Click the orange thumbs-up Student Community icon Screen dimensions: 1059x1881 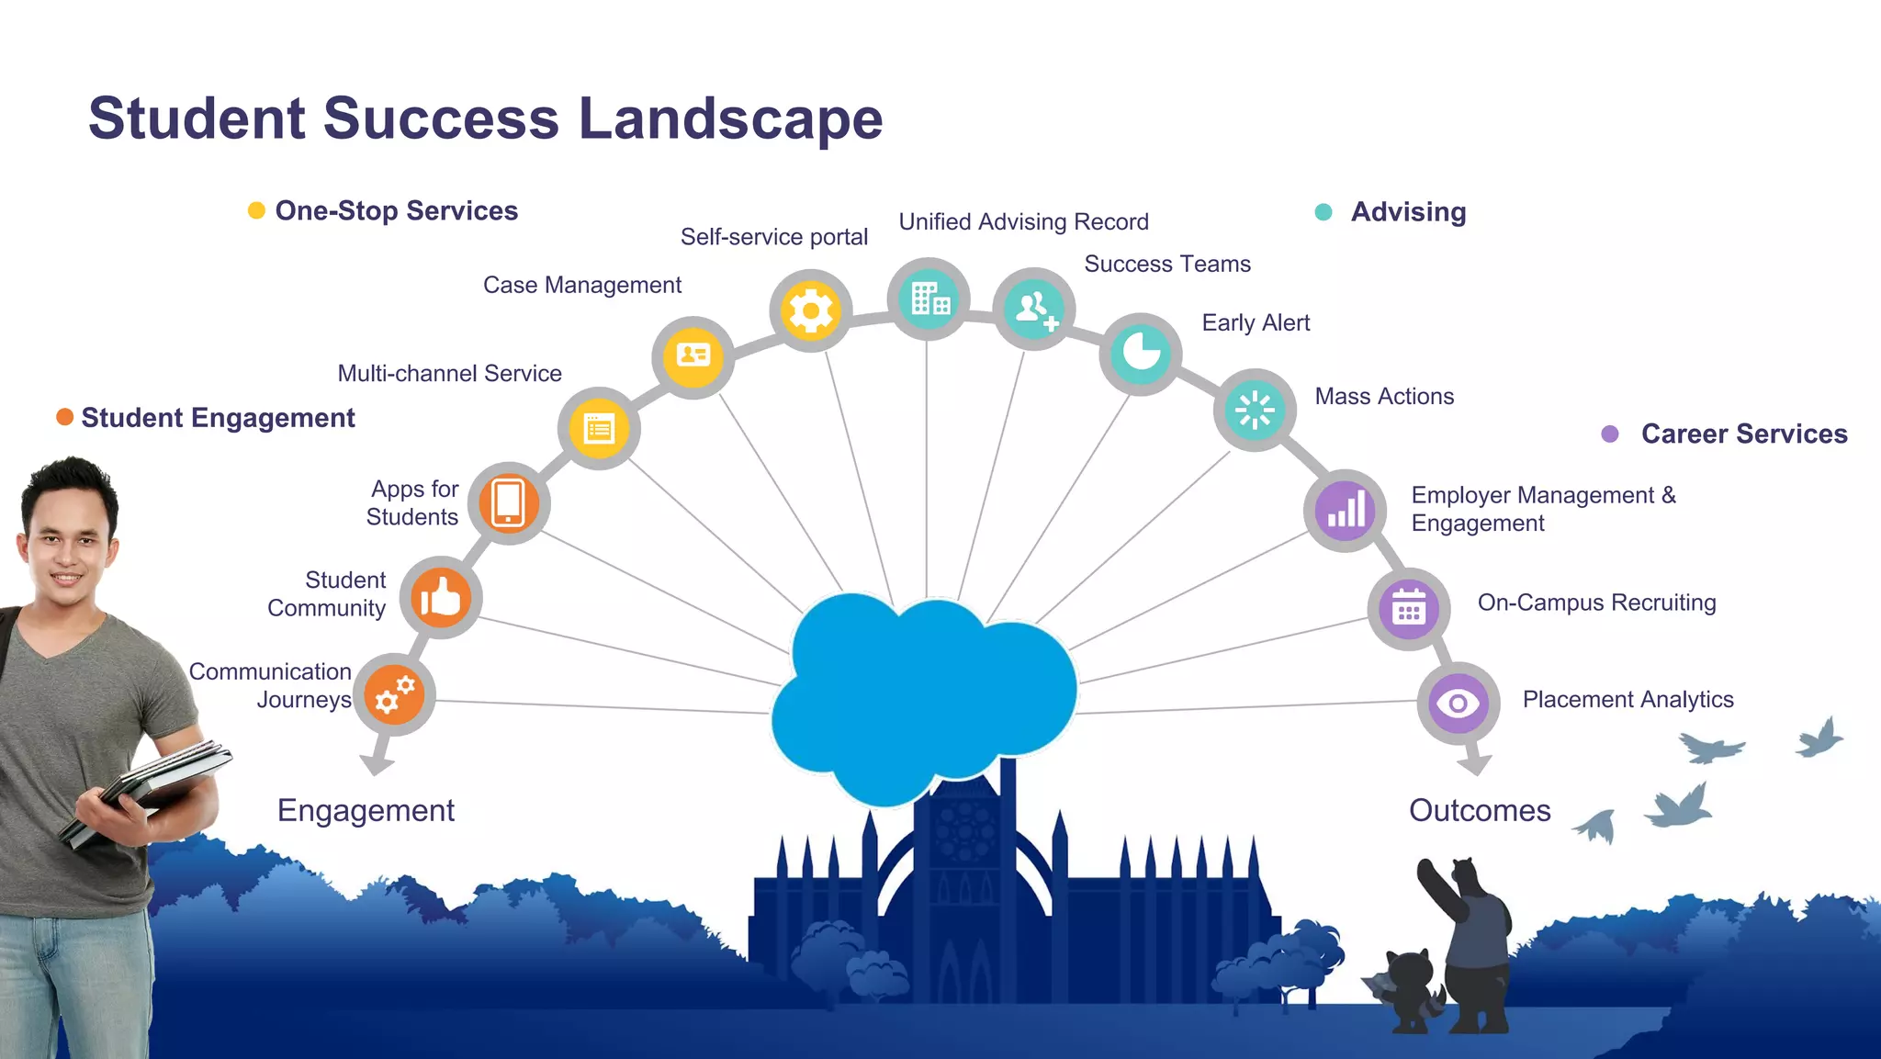[441, 598]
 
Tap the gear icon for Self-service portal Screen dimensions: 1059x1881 [810, 310]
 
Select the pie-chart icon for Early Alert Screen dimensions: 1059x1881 [1141, 354]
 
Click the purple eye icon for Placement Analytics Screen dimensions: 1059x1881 [1458, 704]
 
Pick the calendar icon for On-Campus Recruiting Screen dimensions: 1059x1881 [1408, 608]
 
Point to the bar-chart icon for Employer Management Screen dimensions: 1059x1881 [1346, 510]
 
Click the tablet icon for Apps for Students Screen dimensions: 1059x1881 [508, 503]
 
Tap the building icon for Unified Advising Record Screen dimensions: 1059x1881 [929, 299]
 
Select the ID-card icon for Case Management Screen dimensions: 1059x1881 [693, 356]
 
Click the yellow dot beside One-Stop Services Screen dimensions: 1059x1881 [256, 210]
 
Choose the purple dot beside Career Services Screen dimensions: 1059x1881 [1609, 434]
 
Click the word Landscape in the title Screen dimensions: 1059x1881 [730, 118]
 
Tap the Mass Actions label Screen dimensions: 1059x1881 [1383, 396]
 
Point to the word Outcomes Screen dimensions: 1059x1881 [1479, 810]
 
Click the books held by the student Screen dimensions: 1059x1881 [147, 790]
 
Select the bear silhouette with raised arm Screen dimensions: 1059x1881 [1470, 937]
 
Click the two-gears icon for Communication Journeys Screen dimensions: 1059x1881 [395, 695]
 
